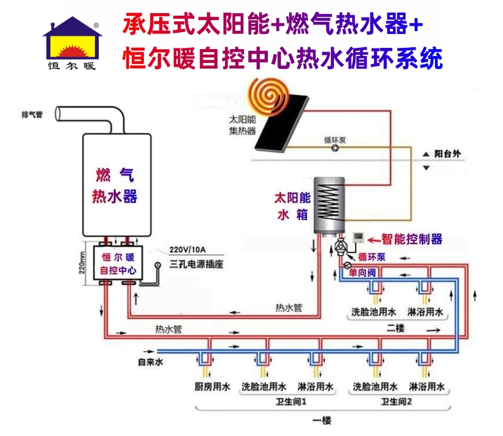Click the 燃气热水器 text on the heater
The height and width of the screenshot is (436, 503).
pos(114,184)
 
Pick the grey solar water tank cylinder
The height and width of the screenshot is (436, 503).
pos(330,200)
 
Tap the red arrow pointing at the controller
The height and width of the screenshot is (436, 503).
pos(375,239)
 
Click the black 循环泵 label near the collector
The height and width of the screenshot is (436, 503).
pos(334,141)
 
